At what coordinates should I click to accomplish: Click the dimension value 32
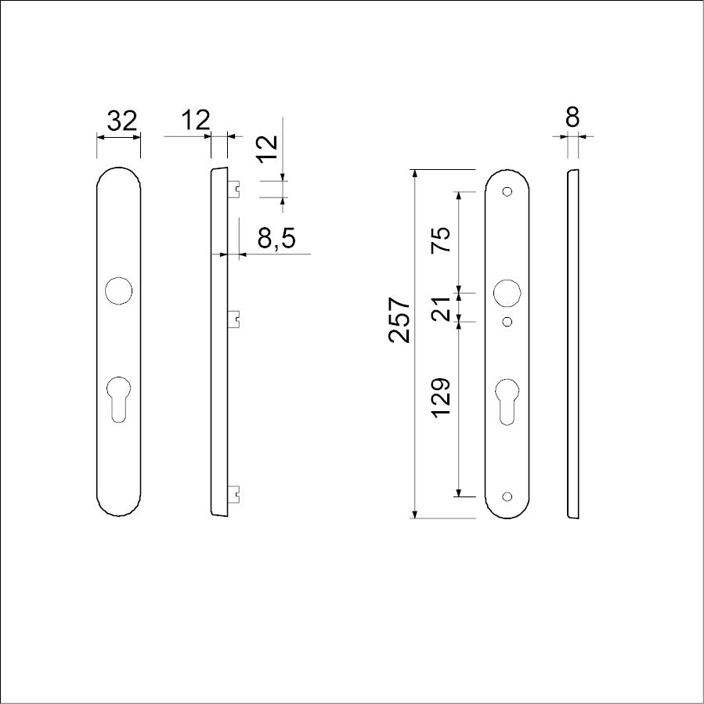(121, 121)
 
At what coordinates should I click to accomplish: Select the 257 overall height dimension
(399, 320)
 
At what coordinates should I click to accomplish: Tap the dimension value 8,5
(276, 237)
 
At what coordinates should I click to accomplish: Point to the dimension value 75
(440, 240)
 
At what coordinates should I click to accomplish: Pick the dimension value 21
(440, 309)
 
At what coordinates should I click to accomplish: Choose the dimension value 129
(440, 398)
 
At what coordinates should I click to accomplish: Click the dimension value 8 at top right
(572, 117)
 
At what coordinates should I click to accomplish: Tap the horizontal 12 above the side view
(195, 120)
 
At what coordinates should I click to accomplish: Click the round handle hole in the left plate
(118, 291)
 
